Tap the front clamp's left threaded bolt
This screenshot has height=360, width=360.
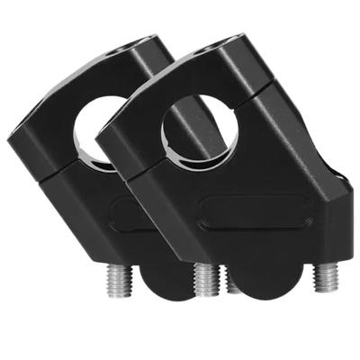pos(206,278)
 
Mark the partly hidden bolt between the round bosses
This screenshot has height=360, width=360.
pos(233,284)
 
